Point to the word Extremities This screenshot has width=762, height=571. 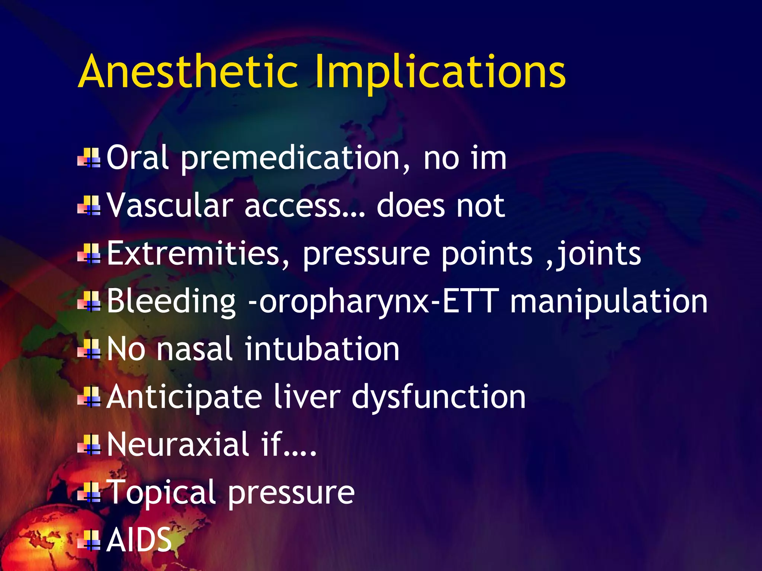click(193, 254)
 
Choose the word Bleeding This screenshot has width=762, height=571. click(171, 302)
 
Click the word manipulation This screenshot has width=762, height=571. click(609, 302)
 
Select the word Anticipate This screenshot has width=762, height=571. click(184, 397)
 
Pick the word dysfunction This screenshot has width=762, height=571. click(439, 397)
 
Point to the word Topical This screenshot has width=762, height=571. click(161, 493)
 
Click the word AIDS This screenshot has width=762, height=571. click(139, 540)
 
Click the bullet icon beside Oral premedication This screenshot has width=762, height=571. click(89, 158)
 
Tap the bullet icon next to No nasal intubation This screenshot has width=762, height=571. click(89, 349)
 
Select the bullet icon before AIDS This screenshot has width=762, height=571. click(89, 541)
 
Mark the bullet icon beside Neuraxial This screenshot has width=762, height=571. click(89, 445)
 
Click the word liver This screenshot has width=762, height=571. click(307, 397)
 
